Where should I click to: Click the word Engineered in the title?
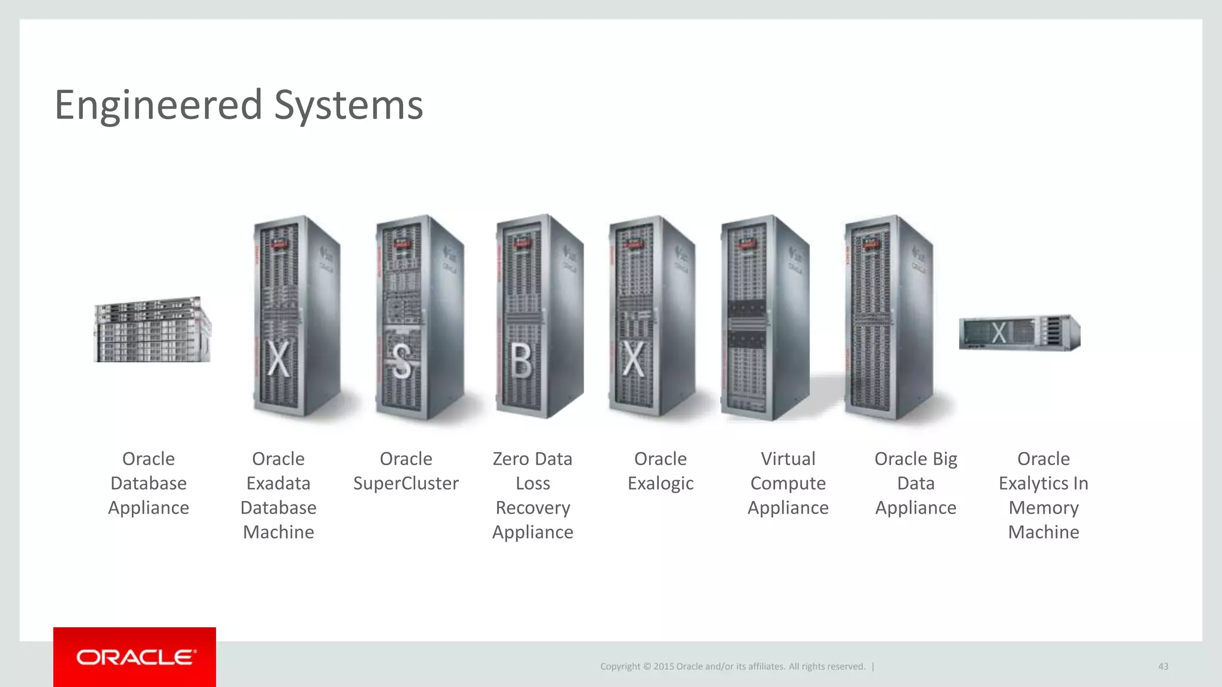158,105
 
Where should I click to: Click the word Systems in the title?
348,105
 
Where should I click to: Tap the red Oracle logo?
135,657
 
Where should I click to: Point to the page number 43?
1163,666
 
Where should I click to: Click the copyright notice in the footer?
733,666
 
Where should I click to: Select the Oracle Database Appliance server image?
152,330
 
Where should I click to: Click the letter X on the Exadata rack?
278,359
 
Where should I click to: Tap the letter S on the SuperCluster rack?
402,361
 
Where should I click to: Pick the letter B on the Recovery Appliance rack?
521,360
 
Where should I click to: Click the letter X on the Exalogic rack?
633,359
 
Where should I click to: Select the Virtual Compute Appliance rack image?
765,317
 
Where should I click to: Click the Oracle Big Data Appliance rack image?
888,317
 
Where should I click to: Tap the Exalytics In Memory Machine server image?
1019,333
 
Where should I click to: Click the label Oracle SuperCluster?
406,471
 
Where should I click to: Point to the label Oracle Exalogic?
661,471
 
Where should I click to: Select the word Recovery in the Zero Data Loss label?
533,507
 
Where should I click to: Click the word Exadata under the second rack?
278,483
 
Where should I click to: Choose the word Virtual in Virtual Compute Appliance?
788,459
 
